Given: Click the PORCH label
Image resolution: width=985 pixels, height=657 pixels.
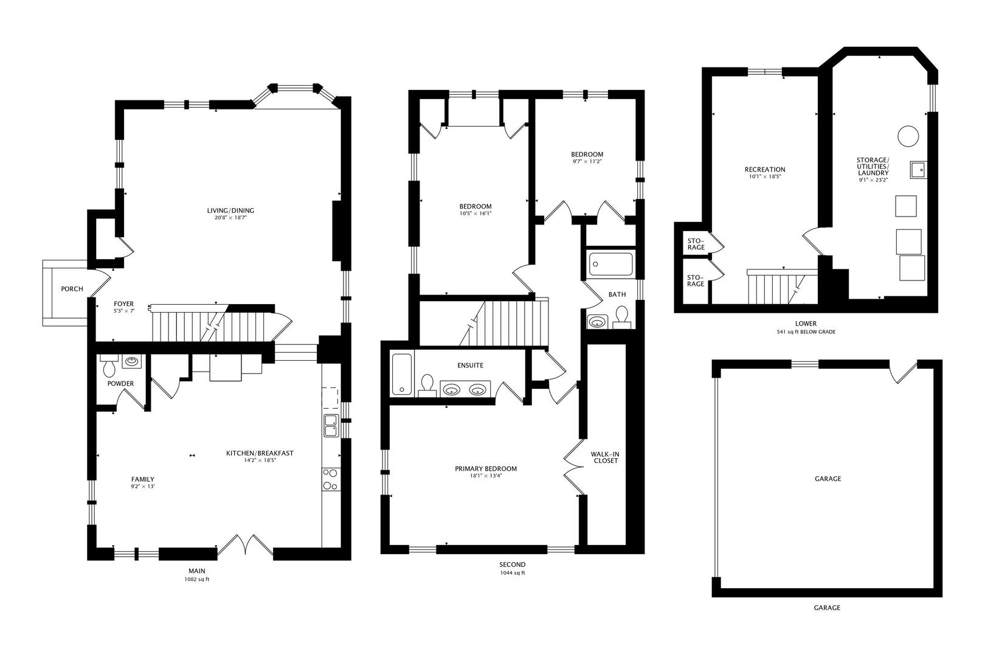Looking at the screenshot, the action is pyautogui.click(x=72, y=289).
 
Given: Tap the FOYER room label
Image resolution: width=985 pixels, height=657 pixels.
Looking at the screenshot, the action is pyautogui.click(x=123, y=304).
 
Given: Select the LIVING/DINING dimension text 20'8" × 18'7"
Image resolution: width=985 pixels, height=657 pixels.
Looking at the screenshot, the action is pyautogui.click(x=230, y=217).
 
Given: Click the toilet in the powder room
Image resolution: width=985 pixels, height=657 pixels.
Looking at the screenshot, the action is pyautogui.click(x=108, y=367).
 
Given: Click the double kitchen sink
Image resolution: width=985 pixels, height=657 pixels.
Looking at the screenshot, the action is pyautogui.click(x=331, y=426).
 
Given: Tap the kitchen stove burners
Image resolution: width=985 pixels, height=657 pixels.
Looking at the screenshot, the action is pyautogui.click(x=331, y=479).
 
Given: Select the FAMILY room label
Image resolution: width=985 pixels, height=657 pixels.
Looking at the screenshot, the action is pyautogui.click(x=143, y=479).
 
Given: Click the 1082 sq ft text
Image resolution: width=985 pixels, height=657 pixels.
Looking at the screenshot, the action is pyautogui.click(x=197, y=579).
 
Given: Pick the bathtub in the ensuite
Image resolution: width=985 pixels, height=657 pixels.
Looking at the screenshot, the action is pyautogui.click(x=402, y=374).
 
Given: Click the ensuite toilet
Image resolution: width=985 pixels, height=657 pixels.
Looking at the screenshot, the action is pyautogui.click(x=427, y=385).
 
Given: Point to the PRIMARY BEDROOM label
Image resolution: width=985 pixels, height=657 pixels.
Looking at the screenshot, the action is pyautogui.click(x=486, y=468).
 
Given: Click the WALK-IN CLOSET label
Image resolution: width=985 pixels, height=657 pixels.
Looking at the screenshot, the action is pyautogui.click(x=606, y=457).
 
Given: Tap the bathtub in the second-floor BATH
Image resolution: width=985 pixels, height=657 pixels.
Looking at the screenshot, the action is pyautogui.click(x=611, y=263).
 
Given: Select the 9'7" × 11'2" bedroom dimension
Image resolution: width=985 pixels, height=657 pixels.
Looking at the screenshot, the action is pyautogui.click(x=587, y=161).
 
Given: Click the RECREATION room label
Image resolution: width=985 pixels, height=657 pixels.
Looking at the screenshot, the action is pyautogui.click(x=765, y=169).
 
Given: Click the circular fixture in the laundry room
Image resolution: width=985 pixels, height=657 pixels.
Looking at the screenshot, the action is pyautogui.click(x=908, y=136).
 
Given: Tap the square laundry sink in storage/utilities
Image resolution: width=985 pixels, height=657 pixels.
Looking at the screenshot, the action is pyautogui.click(x=918, y=169).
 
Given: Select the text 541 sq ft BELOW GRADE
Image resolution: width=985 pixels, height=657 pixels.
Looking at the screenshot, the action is pyautogui.click(x=806, y=332).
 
